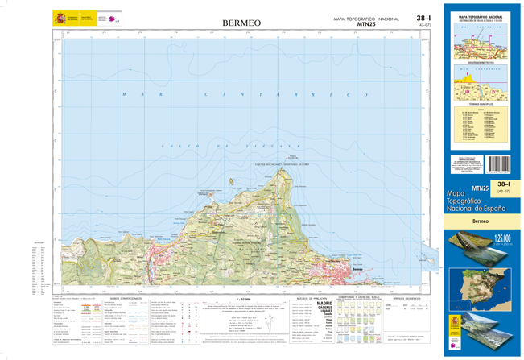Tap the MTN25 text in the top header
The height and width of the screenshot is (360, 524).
367,24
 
